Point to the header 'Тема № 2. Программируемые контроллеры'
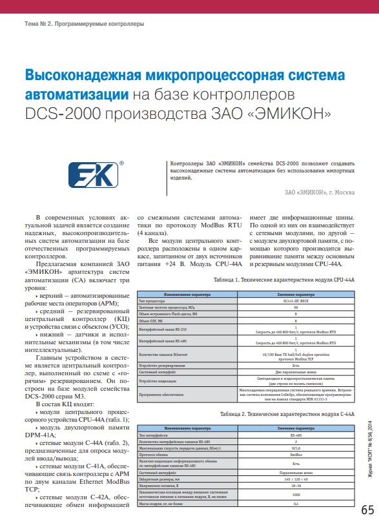coord(84,24)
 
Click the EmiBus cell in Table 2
coord(296,454)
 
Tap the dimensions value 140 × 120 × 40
coord(296,481)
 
